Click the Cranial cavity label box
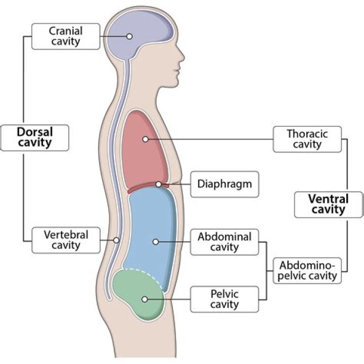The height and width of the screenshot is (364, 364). click(66, 36)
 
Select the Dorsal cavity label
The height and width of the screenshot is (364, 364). click(34, 137)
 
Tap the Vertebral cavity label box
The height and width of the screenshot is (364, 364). click(66, 240)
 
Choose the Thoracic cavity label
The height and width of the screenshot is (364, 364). click(307, 139)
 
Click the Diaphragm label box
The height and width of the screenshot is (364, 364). click(224, 184)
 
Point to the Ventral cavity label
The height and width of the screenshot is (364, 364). click(328, 204)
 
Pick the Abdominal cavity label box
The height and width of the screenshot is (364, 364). click(224, 242)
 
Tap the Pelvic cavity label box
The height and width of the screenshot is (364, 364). click(224, 299)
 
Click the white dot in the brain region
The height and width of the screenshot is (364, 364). click(129, 36)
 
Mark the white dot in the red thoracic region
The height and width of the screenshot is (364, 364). click(145, 139)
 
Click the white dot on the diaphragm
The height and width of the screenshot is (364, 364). click(159, 185)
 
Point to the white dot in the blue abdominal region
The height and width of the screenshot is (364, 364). click(156, 242)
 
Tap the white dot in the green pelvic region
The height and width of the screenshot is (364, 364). click(145, 299)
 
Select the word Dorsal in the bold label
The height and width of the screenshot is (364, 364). click(34, 131)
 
